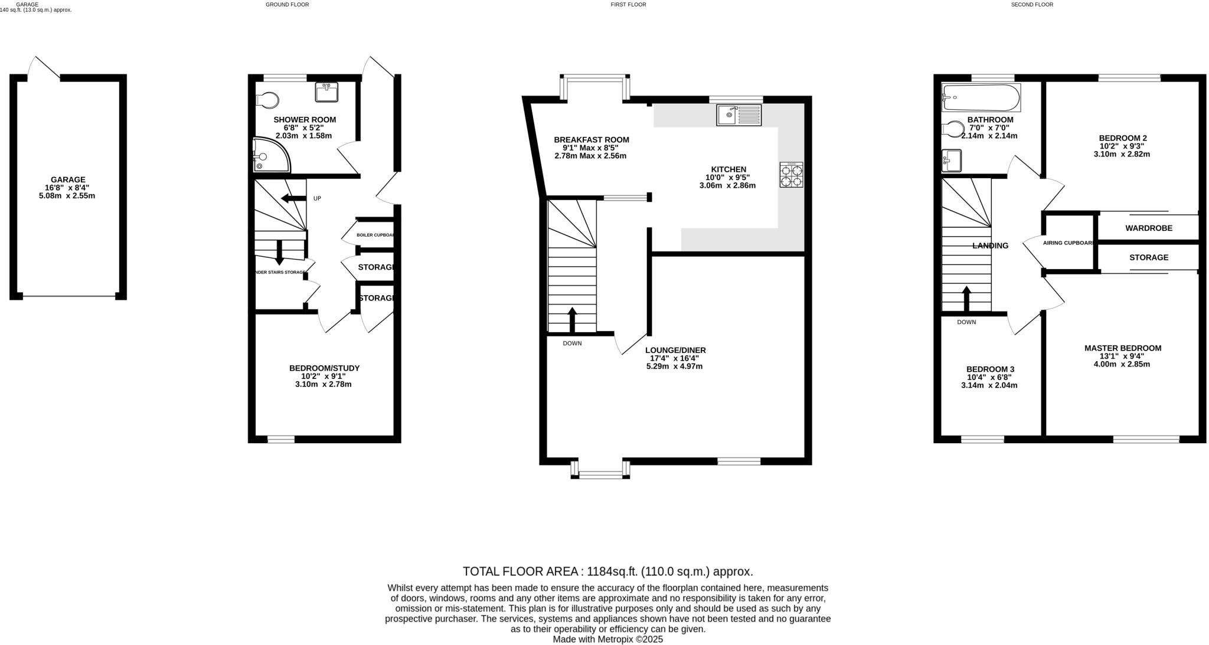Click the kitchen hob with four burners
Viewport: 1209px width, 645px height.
(792, 175)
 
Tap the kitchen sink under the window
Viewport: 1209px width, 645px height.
(739, 115)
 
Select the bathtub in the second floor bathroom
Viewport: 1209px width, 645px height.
(981, 98)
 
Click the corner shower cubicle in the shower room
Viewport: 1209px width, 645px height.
(269, 155)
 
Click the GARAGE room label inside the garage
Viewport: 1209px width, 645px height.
(68, 179)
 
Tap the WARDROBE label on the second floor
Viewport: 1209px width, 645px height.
(1148, 228)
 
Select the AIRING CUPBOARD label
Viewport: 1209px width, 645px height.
(1069, 243)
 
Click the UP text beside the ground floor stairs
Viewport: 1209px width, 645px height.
(317, 198)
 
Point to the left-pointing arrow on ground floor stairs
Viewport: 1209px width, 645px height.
(293, 198)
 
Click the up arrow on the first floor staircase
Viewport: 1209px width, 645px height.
(571, 319)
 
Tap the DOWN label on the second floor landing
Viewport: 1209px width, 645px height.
(966, 322)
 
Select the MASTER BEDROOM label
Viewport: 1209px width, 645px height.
(1122, 348)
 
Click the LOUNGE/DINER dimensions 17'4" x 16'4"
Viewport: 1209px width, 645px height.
(674, 358)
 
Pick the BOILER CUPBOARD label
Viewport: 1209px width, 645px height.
(375, 235)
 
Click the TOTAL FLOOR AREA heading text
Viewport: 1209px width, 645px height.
(607, 571)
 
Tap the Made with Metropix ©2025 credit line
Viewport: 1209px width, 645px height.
(607, 639)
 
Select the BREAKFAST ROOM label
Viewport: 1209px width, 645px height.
(591, 140)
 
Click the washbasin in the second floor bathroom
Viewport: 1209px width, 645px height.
(952, 160)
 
